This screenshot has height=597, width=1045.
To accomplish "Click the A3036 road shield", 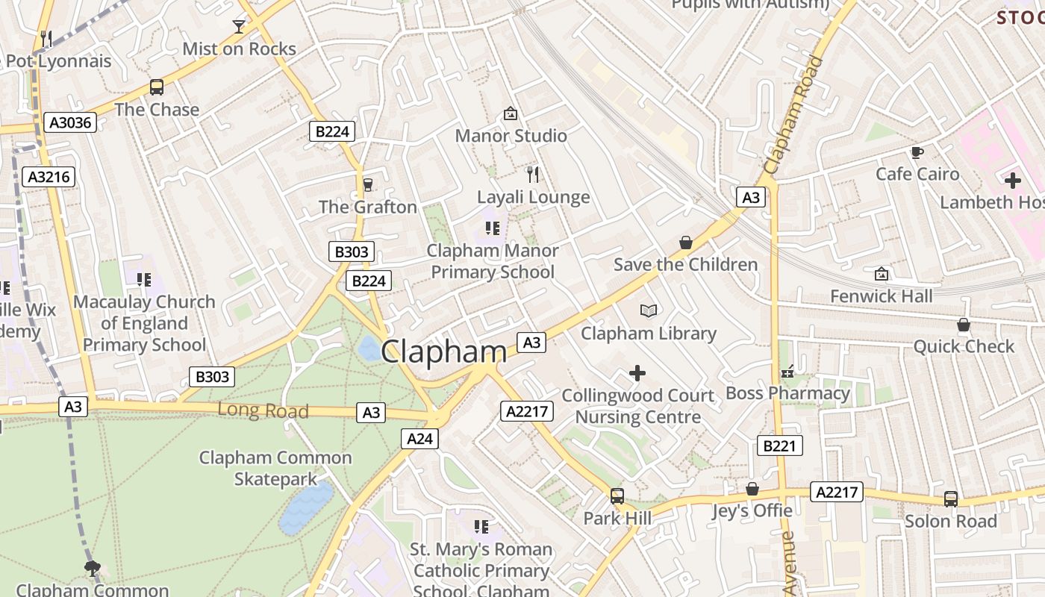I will point(70,122).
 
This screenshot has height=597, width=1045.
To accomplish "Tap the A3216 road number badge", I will point(49,177).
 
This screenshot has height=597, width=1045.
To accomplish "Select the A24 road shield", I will point(419,439).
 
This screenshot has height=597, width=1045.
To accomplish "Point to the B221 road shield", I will point(780,446).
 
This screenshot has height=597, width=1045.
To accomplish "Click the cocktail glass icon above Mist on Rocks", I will point(239,27).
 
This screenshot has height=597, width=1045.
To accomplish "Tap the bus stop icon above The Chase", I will point(157,87).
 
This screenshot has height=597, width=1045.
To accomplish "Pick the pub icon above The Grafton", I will point(367,185).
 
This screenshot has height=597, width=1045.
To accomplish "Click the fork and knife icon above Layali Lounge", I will point(533,175).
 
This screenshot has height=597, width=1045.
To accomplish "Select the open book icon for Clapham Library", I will point(649,310).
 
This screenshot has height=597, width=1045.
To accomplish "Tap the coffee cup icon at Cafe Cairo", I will point(917,152).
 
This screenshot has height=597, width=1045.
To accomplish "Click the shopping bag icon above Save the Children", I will point(686,243).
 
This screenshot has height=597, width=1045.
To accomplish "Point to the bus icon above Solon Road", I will point(951,498).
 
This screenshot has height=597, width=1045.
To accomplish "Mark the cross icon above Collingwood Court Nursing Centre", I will point(637,372).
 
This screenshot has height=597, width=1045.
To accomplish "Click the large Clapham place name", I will point(444,352).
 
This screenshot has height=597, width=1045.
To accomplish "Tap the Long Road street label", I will point(263,410).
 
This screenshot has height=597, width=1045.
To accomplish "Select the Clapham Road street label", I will point(793,116).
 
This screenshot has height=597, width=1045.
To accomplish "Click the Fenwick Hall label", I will point(882,296).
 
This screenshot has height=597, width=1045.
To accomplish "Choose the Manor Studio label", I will point(511,136).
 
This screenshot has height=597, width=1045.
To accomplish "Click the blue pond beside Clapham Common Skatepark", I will point(307,507).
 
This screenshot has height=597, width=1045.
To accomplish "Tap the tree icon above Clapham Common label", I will point(93,569).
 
